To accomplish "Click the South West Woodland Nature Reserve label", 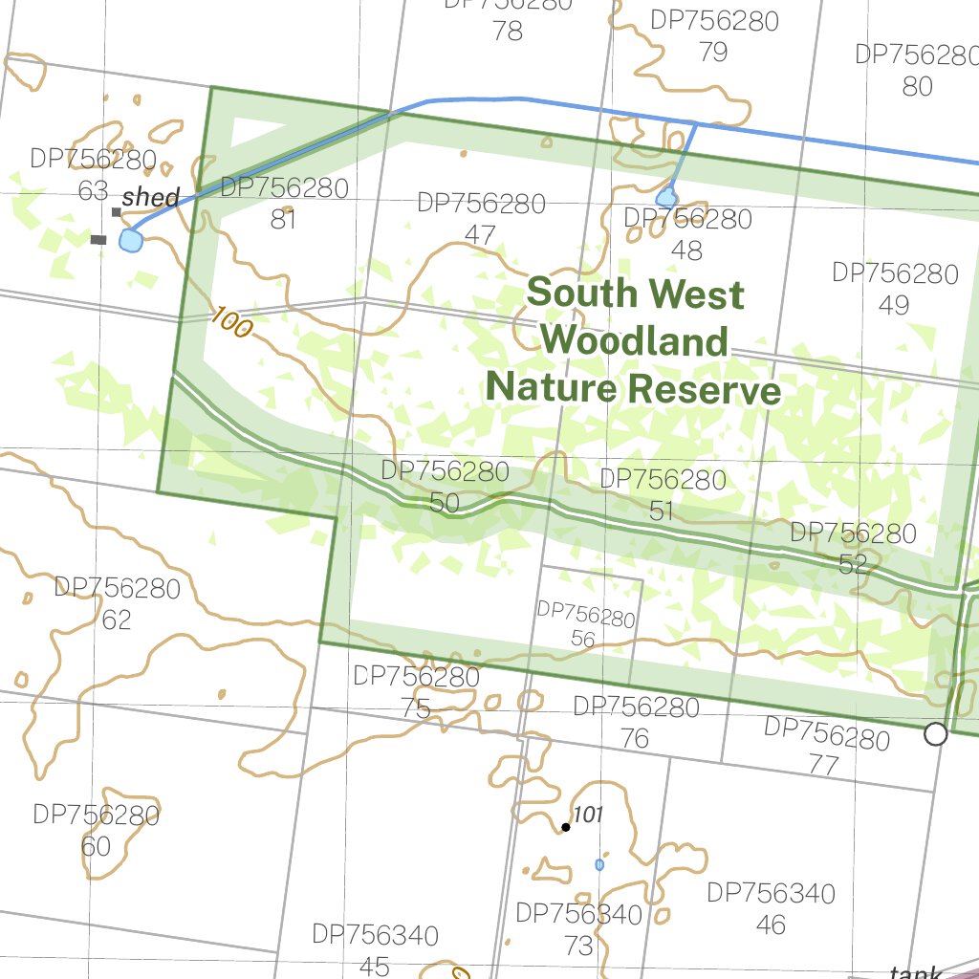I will click(x=634, y=341).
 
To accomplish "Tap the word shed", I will click(x=151, y=198).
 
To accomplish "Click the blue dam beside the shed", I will click(x=130, y=240).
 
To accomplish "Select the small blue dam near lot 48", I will click(x=666, y=198).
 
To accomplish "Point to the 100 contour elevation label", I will click(x=230, y=322).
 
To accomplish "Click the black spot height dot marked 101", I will click(x=566, y=827).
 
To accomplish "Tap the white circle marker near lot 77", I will click(x=936, y=734).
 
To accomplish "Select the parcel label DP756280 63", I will click(x=93, y=174).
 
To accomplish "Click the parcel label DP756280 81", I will click(x=284, y=203).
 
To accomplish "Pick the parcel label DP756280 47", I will click(x=482, y=219).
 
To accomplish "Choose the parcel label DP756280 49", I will click(x=895, y=289).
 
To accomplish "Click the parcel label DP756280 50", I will click(x=445, y=487).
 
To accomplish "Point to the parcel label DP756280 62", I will click(x=117, y=603).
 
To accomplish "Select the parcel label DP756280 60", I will click(x=96, y=831).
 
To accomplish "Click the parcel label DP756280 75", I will click(x=416, y=692).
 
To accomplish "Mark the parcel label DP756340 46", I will click(x=771, y=908).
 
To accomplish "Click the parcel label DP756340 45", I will click(x=376, y=949).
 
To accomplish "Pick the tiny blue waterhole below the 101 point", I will click(x=599, y=864).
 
